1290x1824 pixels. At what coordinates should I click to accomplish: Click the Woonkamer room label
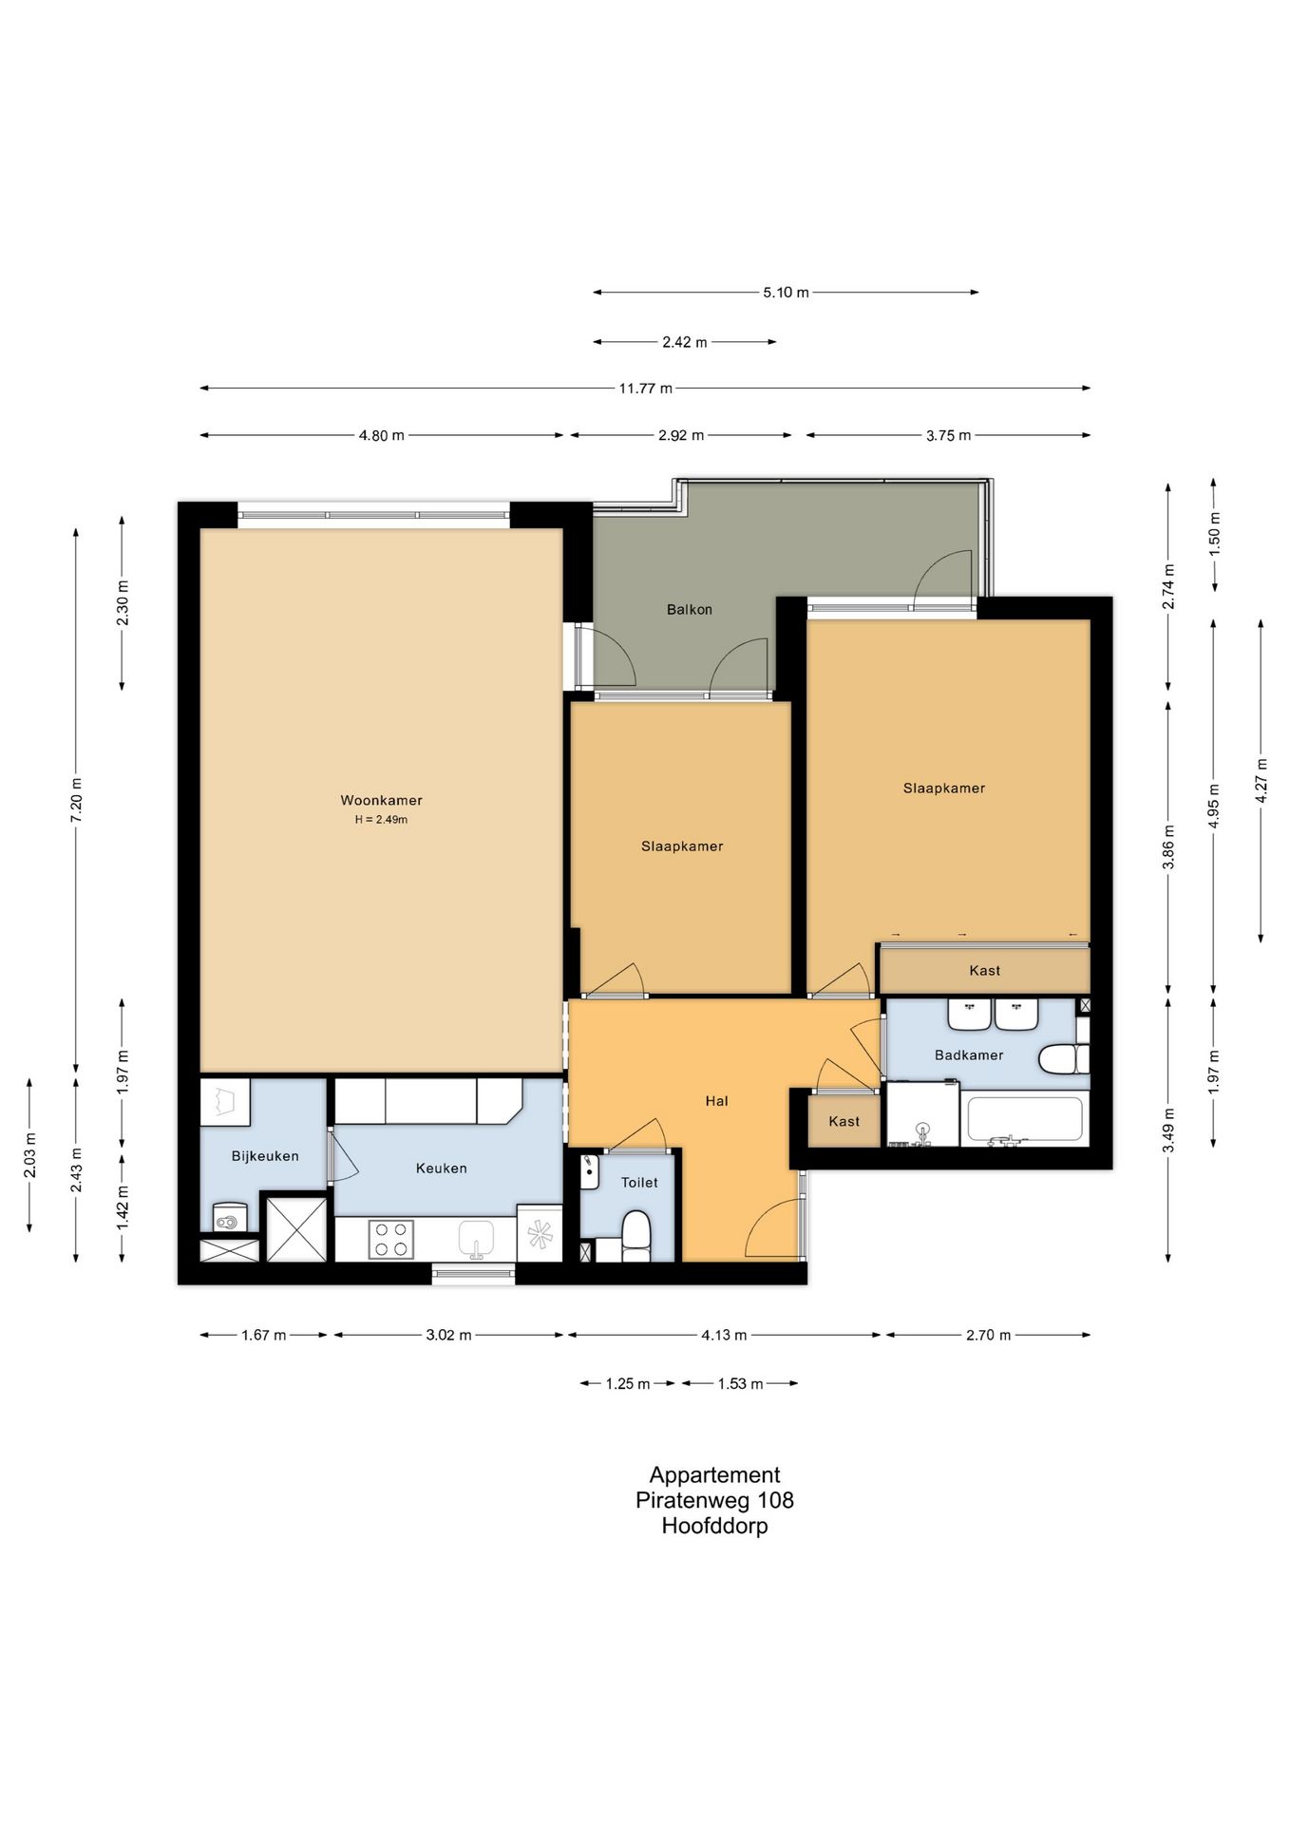coord(381,800)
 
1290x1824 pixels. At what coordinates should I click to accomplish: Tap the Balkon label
coord(690,609)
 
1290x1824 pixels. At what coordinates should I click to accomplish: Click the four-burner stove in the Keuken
coord(390,1239)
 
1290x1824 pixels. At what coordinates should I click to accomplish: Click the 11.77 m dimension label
coord(646,388)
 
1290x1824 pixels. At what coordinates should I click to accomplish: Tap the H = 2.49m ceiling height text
coord(381,820)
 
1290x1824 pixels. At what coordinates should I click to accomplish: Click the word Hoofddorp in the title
coord(715,1526)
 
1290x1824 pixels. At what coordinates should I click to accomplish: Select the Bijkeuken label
coord(265,1156)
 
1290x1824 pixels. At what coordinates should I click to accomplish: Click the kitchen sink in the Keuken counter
coord(477,1239)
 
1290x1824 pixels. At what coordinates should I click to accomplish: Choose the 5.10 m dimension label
coord(786,293)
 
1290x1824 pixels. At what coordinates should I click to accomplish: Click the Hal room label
coord(717,1101)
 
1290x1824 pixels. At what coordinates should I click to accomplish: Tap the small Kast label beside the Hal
coord(844,1121)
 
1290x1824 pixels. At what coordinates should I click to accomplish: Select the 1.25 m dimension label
coord(628,1383)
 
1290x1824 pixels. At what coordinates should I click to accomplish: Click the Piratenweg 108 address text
coord(715,1500)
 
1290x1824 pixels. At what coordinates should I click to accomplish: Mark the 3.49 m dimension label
coord(1168,1130)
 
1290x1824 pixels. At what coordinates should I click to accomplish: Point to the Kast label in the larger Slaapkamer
coord(984,970)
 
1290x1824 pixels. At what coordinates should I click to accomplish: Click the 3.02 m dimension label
coord(448,1335)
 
